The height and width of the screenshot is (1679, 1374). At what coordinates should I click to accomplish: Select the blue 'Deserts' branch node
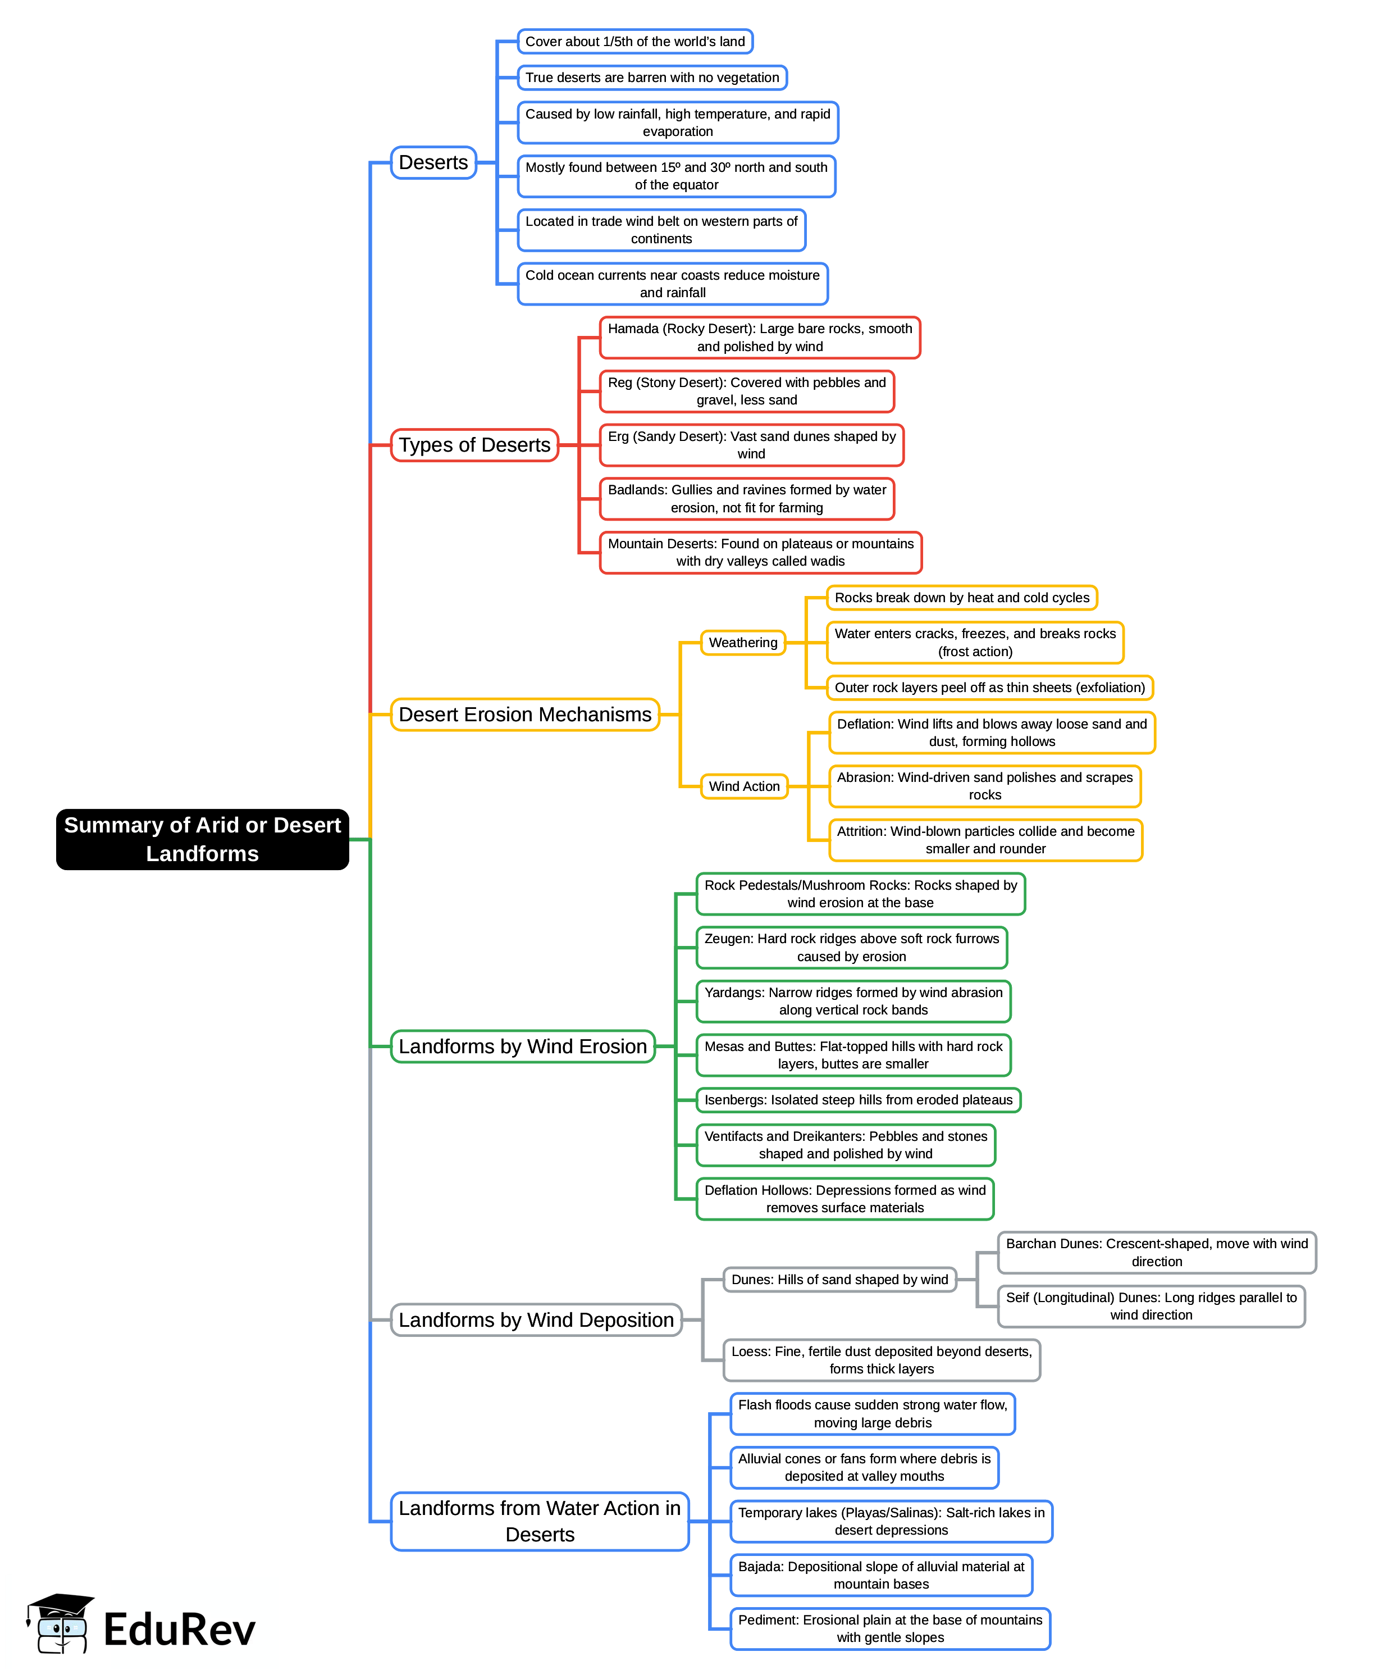tap(433, 162)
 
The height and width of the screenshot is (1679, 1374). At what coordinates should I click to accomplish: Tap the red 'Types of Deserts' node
tap(474, 445)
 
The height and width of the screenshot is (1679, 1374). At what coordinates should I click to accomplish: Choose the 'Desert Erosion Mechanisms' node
tap(525, 714)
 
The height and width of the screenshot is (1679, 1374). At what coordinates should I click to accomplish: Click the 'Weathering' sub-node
tap(742, 642)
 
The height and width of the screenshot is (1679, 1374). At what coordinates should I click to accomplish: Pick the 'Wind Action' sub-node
tap(744, 786)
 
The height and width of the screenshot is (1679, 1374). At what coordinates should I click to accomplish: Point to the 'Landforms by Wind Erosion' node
tap(522, 1046)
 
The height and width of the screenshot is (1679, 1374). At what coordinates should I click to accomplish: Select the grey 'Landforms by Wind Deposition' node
tap(536, 1319)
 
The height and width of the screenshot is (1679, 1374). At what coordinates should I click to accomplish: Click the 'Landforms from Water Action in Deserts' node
tap(540, 1521)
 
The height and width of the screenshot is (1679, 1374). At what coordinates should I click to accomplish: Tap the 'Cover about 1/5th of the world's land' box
tap(634, 41)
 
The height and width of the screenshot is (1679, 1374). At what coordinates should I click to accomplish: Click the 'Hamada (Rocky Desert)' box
tap(760, 337)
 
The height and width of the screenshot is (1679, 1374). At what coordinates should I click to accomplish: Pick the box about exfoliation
tap(989, 687)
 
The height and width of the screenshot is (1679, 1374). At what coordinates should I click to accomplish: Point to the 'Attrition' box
tap(985, 840)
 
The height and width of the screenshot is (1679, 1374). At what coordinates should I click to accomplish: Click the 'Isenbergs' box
tap(858, 1099)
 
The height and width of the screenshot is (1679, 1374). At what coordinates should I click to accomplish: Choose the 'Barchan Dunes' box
tap(1156, 1252)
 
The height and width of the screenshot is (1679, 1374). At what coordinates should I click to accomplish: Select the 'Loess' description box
tap(882, 1360)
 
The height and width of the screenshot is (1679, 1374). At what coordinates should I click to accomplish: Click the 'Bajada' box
tap(881, 1575)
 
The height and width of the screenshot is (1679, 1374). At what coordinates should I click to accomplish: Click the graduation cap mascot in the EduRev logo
tap(60, 1623)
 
